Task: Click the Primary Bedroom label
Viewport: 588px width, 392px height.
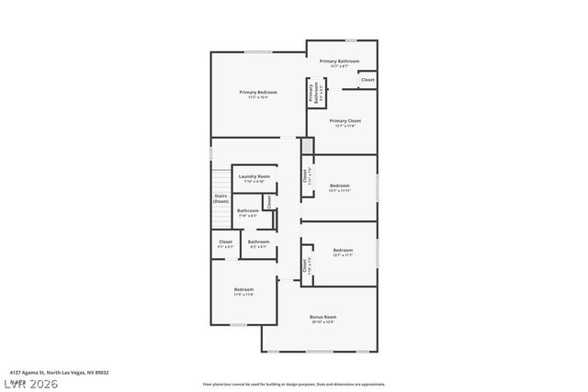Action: click(258, 92)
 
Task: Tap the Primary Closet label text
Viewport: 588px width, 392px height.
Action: click(345, 120)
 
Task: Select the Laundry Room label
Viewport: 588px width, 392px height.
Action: click(254, 176)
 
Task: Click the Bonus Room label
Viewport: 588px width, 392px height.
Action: click(322, 317)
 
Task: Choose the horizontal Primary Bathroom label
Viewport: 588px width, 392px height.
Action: click(339, 61)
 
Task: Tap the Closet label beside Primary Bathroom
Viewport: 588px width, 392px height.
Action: click(367, 80)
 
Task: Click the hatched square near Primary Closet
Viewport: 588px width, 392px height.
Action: click(308, 146)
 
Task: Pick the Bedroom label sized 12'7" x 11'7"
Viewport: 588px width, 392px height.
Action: click(343, 250)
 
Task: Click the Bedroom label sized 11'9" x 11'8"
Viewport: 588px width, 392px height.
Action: click(243, 289)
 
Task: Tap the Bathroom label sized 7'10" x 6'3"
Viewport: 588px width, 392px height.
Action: click(247, 210)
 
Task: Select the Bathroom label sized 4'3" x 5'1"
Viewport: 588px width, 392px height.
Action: click(258, 241)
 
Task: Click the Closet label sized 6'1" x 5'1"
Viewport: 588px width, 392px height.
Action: click(225, 241)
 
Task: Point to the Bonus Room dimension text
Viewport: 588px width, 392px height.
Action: click(322, 322)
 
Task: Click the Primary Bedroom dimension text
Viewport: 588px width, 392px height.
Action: click(258, 97)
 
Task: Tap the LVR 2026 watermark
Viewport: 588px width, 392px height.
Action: click(29, 382)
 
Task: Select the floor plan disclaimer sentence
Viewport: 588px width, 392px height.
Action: click(294, 384)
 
